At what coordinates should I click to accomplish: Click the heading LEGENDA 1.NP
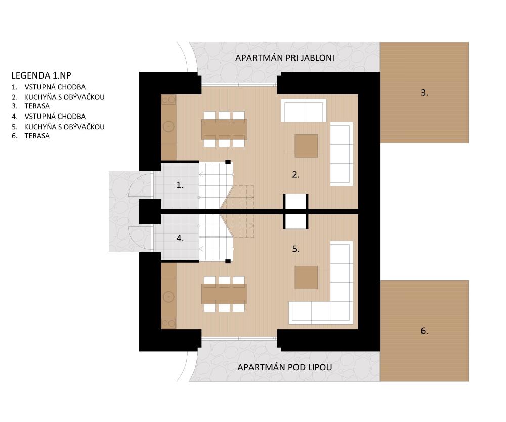point(41,75)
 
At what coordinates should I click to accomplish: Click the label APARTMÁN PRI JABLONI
point(284,58)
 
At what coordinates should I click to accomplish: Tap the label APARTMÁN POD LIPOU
point(284,367)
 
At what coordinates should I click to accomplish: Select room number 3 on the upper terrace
point(424,93)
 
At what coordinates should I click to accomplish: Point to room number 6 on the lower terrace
point(424,331)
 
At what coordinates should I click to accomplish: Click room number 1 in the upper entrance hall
point(180,185)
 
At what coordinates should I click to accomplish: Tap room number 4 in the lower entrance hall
point(180,239)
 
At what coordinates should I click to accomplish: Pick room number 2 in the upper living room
point(296,175)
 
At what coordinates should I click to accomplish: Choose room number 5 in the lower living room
point(296,249)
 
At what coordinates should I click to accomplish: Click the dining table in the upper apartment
point(224,129)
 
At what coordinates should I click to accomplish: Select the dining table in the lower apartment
point(224,294)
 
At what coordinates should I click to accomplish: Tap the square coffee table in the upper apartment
point(306,146)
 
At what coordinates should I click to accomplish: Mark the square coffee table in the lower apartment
point(306,278)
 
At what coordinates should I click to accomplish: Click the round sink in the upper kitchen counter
point(168,126)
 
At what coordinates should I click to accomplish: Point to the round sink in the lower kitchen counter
point(168,297)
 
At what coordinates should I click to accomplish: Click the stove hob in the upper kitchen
point(168,100)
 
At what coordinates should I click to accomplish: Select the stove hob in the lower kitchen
point(168,323)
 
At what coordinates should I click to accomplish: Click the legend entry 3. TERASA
point(31,106)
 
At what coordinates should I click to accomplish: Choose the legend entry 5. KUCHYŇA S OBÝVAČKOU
point(58,127)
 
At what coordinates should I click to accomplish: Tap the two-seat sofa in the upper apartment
point(304,110)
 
